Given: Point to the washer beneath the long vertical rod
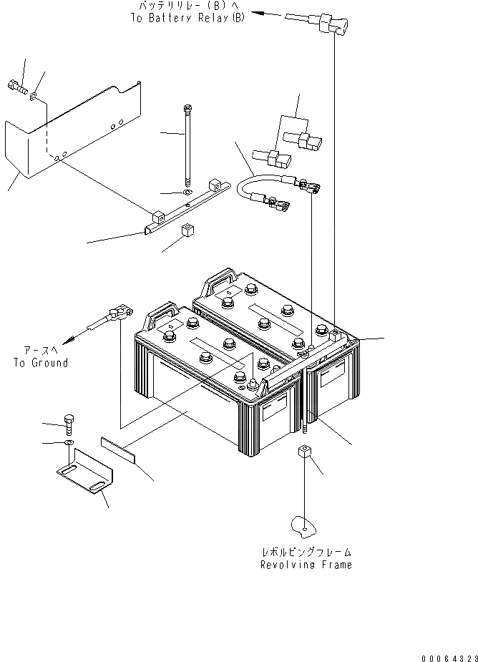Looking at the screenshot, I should click(186, 193).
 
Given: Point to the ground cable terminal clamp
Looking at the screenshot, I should click(117, 313).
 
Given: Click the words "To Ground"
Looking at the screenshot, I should click(40, 363).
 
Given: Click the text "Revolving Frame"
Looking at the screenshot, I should click(306, 565).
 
